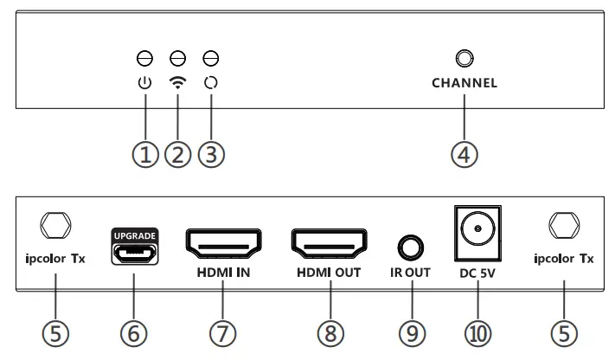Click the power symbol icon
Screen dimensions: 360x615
145,84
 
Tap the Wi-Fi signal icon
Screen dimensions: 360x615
178,84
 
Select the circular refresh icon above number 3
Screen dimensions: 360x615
210,84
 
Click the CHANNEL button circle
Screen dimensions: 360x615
464,59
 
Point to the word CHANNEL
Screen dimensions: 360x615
464,84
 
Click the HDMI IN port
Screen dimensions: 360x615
224,245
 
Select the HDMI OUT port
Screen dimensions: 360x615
330,245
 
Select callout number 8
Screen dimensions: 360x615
330,333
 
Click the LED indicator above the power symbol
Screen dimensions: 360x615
145,59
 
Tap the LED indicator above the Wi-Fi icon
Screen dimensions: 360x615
178,59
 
